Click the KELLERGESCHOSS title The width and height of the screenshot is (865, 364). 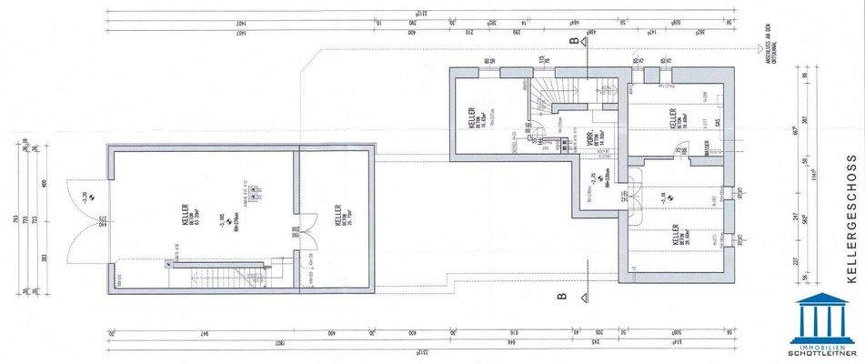tap(850, 231)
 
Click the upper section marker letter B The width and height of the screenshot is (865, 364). tap(573, 41)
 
